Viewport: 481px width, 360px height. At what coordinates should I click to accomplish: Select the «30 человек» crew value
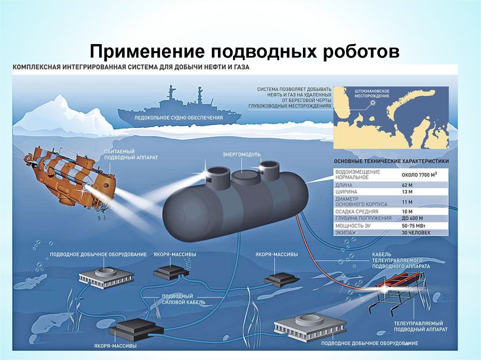point(413,232)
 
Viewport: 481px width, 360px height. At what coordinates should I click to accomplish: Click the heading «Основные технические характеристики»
point(391,161)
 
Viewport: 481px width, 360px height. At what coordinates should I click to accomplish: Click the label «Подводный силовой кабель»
point(177,299)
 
